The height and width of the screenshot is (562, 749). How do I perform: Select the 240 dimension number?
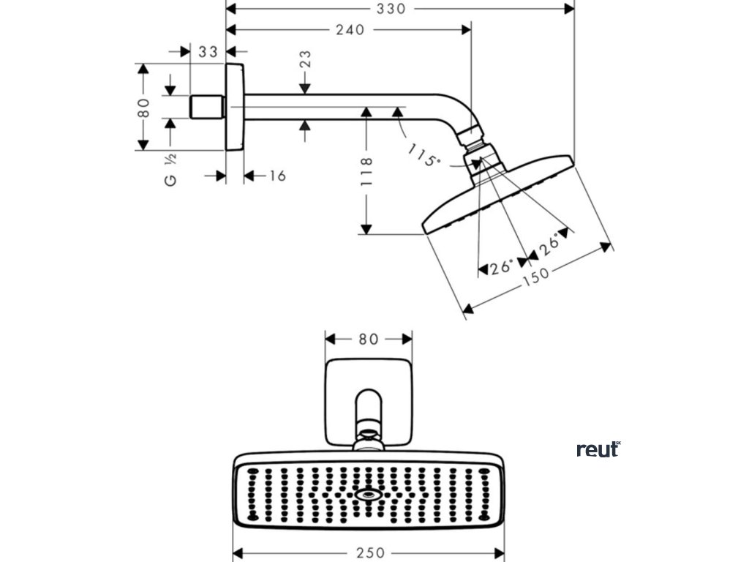[350, 30]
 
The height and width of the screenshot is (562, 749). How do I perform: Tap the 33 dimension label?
[208, 51]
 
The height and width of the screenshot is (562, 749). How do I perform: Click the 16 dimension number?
[276, 176]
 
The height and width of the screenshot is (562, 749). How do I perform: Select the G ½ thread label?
[170, 171]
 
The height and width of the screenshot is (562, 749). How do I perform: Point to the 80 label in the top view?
[368, 339]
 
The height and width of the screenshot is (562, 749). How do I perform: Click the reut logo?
[598, 449]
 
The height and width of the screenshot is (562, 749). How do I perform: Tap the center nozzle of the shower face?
[366, 495]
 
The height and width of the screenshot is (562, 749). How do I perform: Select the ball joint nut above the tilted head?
[477, 139]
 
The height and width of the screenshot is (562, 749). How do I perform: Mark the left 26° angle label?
[501, 269]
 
